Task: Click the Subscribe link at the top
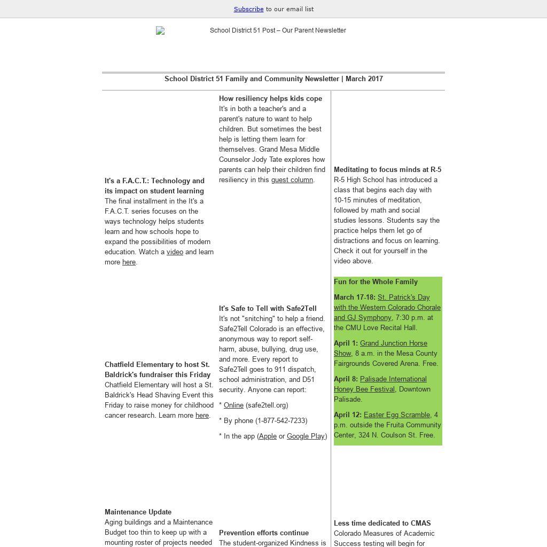pos(248,9)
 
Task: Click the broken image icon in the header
pos(160,31)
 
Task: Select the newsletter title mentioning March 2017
pos(273,79)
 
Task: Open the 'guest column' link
pos(292,180)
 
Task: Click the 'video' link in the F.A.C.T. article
pos(175,252)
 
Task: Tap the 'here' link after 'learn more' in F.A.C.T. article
pos(129,262)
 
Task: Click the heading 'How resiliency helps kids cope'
pos(270,99)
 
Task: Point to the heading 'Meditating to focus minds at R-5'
pos(387,170)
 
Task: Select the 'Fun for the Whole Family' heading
pos(376,282)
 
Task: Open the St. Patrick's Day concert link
pos(387,308)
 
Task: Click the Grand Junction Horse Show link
pos(380,348)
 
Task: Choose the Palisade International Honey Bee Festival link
pos(380,384)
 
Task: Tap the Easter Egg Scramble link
pos(396,415)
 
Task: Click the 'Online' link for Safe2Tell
pos(233,405)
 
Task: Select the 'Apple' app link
pos(268,436)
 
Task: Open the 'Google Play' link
pos(306,436)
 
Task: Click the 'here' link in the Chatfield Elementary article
pos(202,416)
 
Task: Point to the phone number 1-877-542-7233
pos(280,421)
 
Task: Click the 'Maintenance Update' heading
pos(138,512)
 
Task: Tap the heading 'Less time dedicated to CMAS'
pos(382,523)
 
